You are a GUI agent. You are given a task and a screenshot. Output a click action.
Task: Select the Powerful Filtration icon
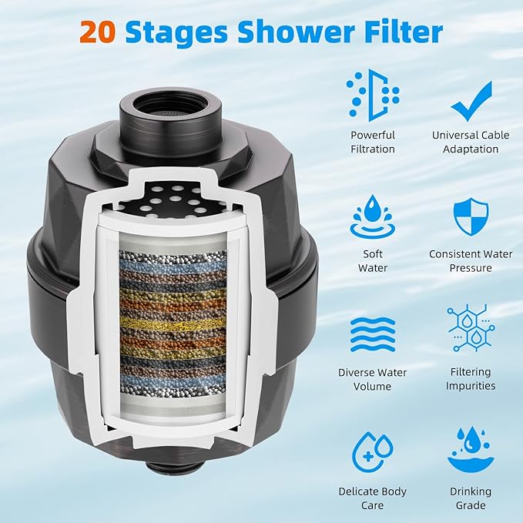point(373,96)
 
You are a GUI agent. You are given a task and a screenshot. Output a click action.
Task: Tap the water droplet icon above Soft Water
point(372,216)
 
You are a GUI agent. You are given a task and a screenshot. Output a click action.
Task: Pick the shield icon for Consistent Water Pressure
point(471,216)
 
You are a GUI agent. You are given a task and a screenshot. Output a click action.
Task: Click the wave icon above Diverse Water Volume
point(372,334)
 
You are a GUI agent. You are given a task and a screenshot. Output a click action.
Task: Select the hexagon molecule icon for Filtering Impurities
point(471,328)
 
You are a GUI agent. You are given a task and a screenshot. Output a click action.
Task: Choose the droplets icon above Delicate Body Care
point(372,452)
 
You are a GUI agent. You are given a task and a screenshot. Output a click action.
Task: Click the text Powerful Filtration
point(372,142)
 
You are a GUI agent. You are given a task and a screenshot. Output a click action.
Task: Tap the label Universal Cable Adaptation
point(471,142)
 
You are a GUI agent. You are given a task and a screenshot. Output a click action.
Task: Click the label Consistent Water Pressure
point(471,260)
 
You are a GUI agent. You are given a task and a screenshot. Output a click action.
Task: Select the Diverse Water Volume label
point(372,379)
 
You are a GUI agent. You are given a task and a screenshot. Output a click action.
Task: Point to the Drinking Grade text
point(471,498)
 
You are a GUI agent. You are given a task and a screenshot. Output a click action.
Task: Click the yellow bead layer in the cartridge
point(173,322)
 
